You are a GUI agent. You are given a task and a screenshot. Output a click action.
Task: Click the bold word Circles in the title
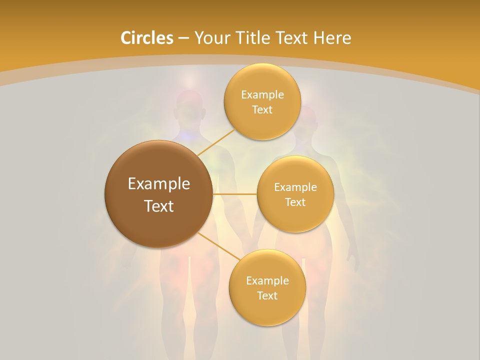[147, 38]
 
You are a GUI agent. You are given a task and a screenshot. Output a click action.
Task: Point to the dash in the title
[183, 38]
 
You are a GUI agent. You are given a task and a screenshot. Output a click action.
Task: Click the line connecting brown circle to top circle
[216, 141]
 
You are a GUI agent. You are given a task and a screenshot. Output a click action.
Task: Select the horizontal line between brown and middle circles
[234, 193]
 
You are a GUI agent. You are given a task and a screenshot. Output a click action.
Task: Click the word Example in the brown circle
[159, 184]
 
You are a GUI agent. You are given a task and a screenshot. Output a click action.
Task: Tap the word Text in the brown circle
[159, 206]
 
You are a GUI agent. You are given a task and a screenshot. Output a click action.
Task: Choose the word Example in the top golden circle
[262, 94]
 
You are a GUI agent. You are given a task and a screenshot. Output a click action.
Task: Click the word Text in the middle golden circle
[295, 202]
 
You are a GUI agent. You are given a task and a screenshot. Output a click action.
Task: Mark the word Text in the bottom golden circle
[267, 295]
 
